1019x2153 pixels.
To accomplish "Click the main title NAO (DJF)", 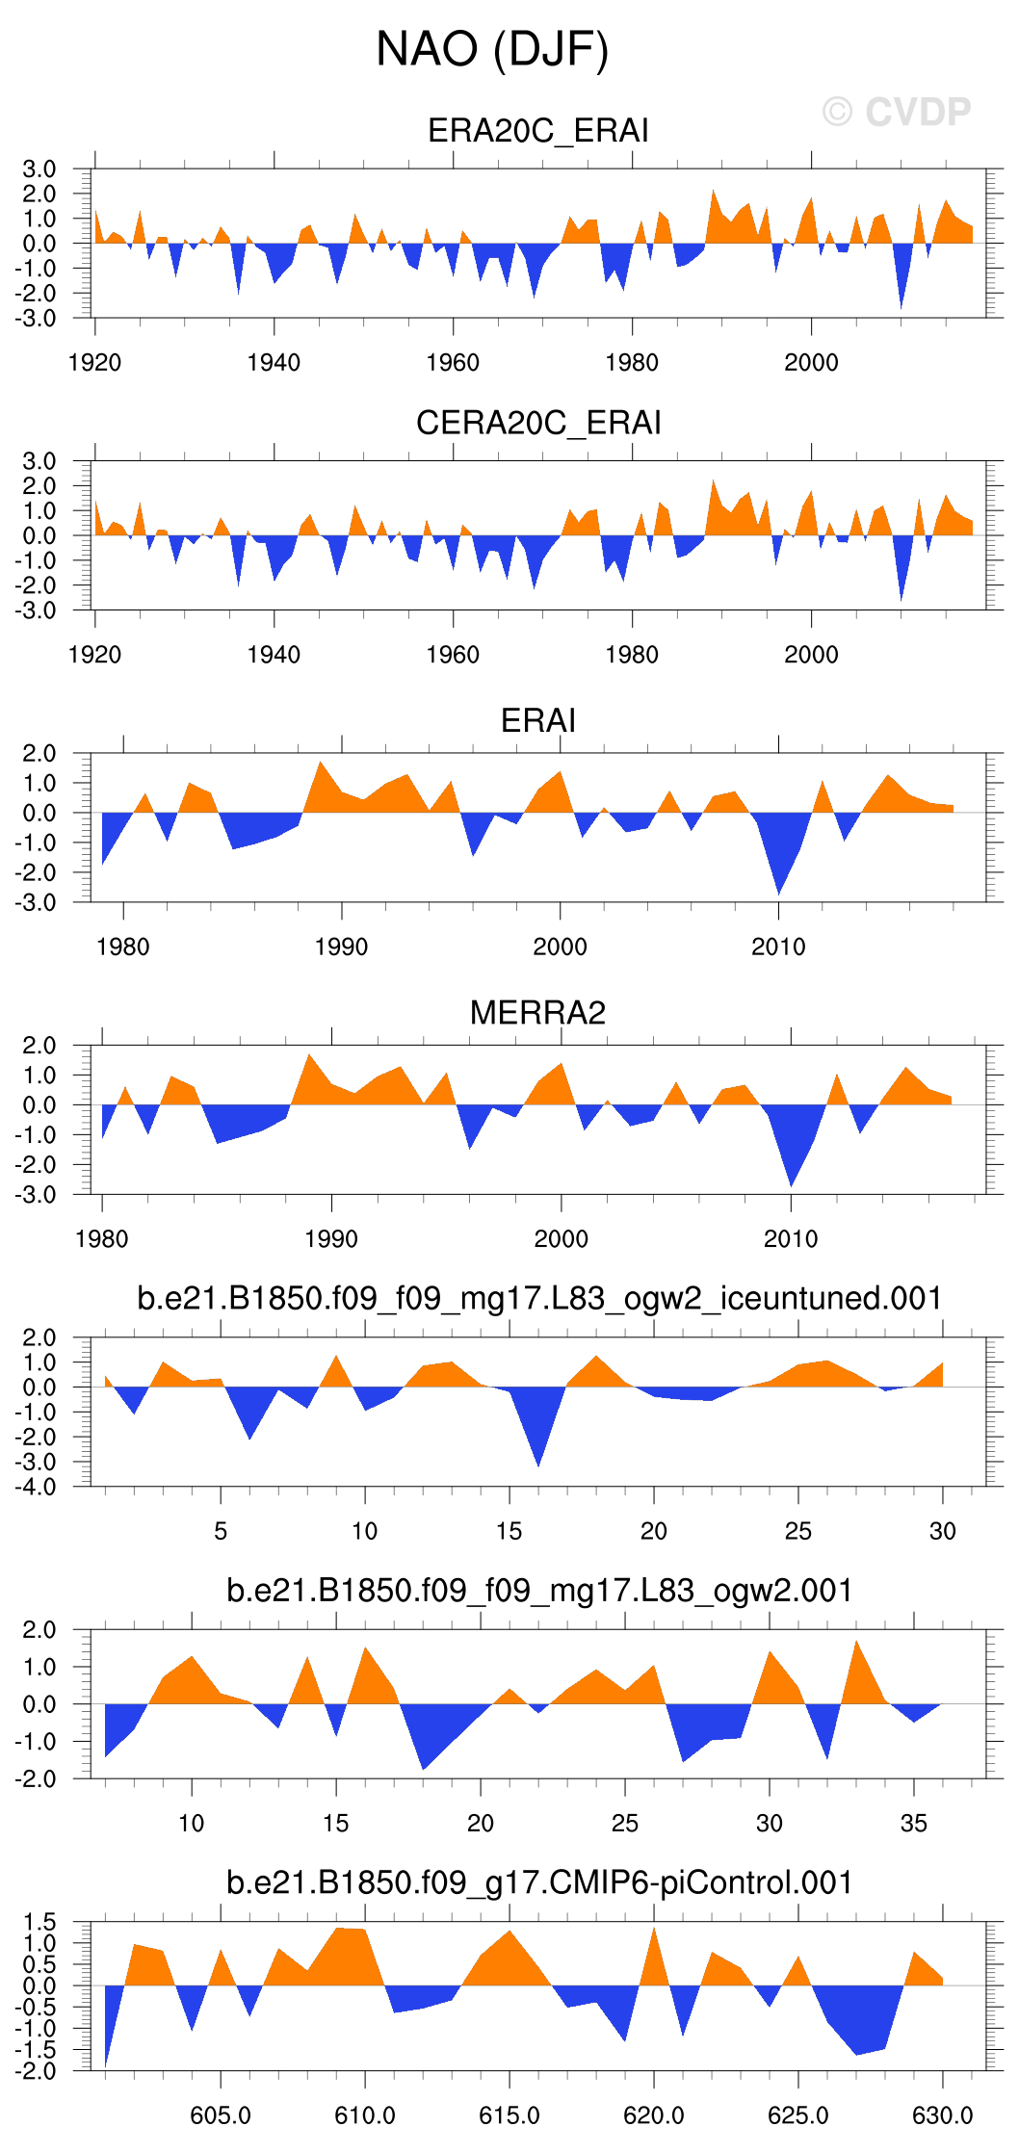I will point(492,49).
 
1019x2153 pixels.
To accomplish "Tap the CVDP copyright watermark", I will point(897,113).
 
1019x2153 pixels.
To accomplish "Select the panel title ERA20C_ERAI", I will point(537,130).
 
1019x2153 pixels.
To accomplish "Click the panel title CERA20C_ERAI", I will point(537,423).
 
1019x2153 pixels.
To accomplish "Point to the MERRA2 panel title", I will point(537,1013).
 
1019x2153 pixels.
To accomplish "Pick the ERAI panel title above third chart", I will point(537,720).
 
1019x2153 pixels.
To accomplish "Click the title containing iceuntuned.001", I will point(539,1298).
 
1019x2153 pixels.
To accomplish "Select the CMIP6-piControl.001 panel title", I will point(539,1882).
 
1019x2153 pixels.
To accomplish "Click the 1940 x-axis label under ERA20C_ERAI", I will point(274,363).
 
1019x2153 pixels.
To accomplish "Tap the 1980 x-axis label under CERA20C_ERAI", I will point(632,655).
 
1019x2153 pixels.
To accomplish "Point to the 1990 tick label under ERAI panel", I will point(341,947).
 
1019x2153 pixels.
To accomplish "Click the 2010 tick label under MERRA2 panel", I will point(791,1239).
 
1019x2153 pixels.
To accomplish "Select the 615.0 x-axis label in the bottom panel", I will point(509,2115).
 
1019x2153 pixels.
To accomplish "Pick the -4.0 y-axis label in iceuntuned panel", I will point(35,1487).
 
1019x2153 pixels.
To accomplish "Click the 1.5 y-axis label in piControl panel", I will point(39,1923).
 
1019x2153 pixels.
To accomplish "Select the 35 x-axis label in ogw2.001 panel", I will point(913,1824).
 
